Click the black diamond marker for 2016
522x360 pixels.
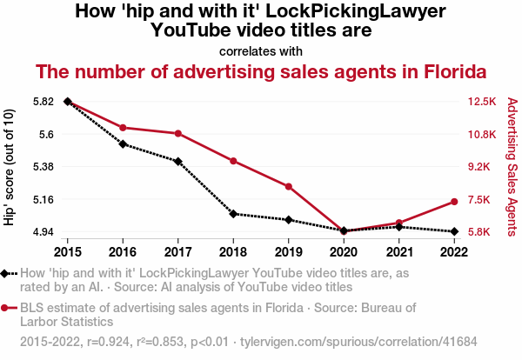pyautogui.click(x=123, y=144)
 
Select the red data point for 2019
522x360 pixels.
pyautogui.click(x=288, y=186)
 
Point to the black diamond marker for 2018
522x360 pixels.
pyautogui.click(x=233, y=214)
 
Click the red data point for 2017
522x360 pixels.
pyautogui.click(x=178, y=133)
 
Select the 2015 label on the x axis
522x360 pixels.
pyautogui.click(x=68, y=252)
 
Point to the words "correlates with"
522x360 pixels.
pyautogui.click(x=261, y=50)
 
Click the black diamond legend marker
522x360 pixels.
pyautogui.click(x=6, y=274)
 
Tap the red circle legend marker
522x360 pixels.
pyautogui.click(x=6, y=308)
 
